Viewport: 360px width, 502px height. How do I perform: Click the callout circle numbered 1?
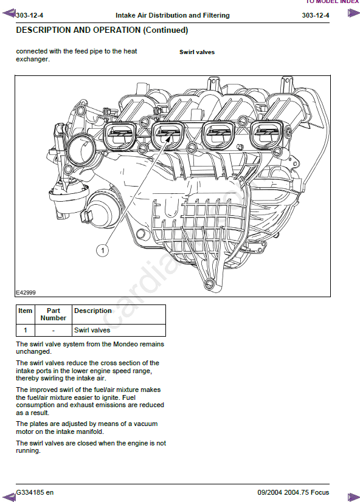[103, 250]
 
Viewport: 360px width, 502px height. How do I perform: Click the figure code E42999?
[26, 292]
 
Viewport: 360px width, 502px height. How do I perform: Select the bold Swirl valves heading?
[197, 52]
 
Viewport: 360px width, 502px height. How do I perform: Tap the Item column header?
[26, 311]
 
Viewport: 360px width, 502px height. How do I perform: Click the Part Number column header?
[53, 314]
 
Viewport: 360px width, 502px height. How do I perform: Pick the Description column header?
[93, 311]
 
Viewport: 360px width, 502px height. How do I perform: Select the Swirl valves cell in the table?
[92, 330]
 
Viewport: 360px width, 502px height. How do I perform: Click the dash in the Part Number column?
[53, 331]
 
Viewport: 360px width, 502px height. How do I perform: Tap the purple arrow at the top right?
[353, 13]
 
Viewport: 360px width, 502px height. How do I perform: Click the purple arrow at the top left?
[9, 13]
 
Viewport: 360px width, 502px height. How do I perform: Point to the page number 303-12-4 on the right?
[316, 15]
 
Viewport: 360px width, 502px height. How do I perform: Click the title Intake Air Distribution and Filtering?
[173, 15]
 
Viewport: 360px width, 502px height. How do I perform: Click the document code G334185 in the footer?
[30, 492]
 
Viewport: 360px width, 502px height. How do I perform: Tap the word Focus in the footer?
[320, 492]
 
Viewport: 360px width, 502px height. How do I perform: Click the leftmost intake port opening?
[120, 136]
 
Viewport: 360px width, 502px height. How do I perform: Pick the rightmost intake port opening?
[267, 135]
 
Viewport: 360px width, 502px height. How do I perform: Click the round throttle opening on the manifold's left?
[81, 150]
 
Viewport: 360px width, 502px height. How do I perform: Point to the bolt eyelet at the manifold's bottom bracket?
[209, 283]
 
